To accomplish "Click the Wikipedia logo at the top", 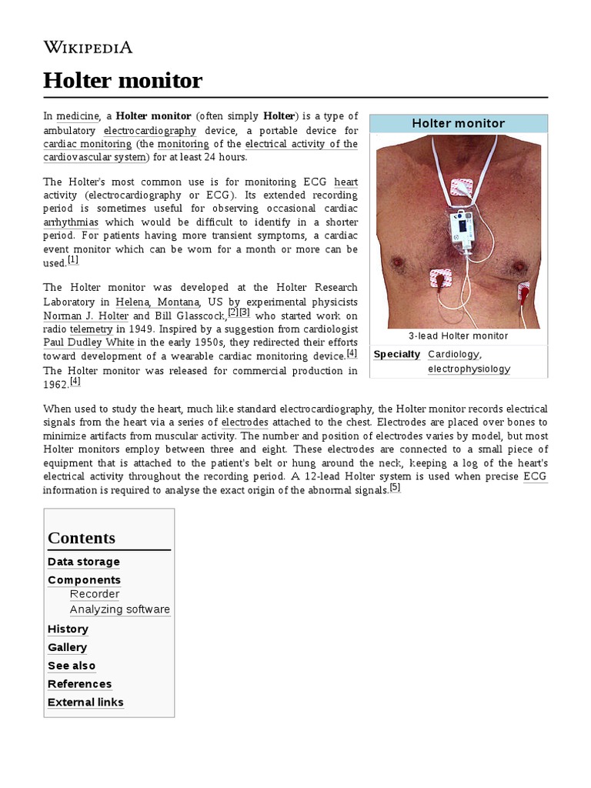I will [88, 48].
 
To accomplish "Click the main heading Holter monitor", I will [122, 80].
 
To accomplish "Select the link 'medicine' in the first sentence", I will [78, 116].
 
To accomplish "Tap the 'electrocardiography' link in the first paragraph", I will [150, 130].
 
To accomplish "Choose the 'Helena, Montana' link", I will [159, 302].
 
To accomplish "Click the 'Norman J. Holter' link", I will [86, 316].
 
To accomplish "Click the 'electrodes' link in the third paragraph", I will [244, 422].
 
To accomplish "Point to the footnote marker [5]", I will [395, 488].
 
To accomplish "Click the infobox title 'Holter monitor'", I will [458, 123].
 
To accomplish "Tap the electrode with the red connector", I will [523, 292].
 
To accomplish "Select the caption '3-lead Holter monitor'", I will [458, 336].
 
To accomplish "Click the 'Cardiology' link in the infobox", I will [453, 354].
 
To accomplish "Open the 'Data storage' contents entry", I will [84, 562].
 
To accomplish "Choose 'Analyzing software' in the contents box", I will [120, 609].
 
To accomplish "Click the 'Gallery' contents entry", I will [67, 647].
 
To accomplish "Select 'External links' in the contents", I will [85, 702].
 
